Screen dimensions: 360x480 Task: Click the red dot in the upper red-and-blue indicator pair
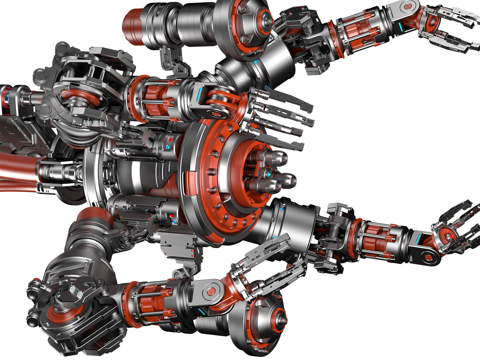[170, 139]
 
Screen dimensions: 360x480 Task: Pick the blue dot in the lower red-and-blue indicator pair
[174, 222]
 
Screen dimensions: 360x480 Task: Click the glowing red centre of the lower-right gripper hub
[450, 237]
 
